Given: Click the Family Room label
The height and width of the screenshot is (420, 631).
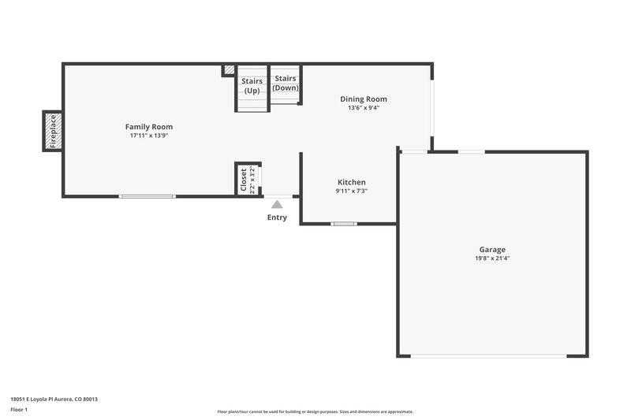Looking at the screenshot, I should coord(149,127).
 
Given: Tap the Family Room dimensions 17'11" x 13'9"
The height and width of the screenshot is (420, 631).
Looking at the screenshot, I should coord(149,136).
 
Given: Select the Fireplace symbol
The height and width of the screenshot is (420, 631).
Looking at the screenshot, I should coord(53,132).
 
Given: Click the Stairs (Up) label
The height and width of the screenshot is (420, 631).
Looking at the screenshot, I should coord(252,85).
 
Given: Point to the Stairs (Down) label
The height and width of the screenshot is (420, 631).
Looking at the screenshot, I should coord(285,83).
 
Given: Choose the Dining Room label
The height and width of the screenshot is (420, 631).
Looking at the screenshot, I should coord(364,99).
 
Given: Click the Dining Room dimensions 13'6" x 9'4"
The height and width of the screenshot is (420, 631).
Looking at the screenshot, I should coord(364,108).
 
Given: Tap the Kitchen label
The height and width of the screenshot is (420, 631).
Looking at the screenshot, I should coord(351,182).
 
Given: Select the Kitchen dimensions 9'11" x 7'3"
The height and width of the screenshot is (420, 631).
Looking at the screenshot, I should coord(351,191).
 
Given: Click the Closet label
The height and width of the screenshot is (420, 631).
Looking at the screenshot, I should coord(243,180).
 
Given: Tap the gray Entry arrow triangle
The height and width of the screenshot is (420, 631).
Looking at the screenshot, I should coord(277,205).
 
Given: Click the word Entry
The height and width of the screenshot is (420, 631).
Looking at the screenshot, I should coord(277,217).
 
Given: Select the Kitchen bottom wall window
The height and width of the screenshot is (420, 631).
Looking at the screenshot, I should coord(344,224).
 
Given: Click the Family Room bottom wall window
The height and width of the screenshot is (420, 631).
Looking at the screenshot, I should coord(147,196).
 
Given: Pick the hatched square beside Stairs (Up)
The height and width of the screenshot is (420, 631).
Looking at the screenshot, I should coord(229,71).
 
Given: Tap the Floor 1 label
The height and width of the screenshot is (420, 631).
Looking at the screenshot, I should coord(19,410).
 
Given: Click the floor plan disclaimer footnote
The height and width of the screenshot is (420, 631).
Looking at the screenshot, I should coord(315,411).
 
